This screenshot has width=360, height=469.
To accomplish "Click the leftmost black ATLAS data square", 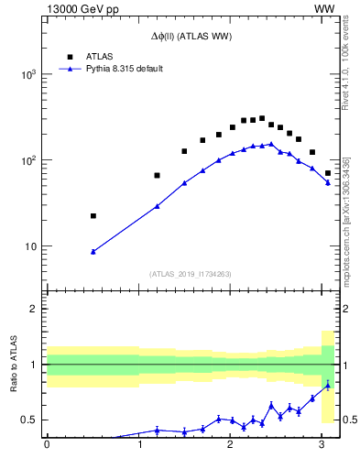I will point(93,216).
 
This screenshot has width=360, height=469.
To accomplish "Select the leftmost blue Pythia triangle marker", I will point(93,251).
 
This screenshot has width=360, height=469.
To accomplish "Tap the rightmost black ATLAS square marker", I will point(328,173).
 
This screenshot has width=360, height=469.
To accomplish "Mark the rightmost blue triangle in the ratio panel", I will point(328,385).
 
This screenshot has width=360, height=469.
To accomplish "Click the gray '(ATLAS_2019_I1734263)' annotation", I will point(191,273).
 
